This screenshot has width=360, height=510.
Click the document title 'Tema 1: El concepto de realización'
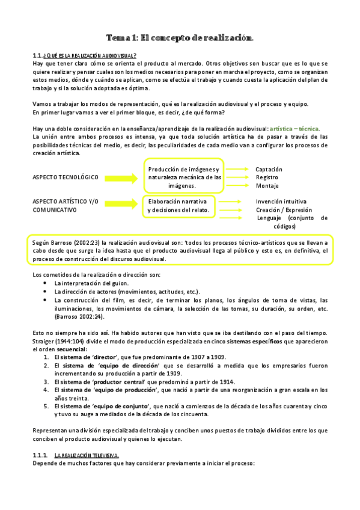tap(180, 38)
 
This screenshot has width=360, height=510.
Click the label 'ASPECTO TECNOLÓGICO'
tap(66, 177)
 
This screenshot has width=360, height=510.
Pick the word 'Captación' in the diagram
tap(269, 170)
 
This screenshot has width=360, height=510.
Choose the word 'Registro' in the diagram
tap(267, 178)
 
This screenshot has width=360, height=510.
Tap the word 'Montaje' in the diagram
tap(266, 186)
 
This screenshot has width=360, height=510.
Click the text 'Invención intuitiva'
tap(281, 201)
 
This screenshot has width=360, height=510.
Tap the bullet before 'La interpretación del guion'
tap(46, 283)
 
